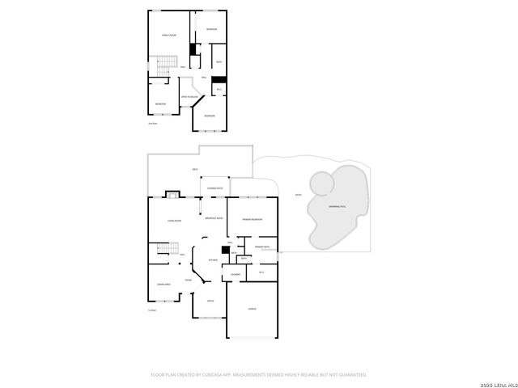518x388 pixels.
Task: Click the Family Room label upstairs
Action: (x=168, y=36)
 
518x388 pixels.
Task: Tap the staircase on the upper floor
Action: (x=166, y=63)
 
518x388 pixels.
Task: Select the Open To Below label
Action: (x=189, y=97)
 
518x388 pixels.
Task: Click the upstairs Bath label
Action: (x=219, y=62)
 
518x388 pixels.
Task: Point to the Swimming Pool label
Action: (x=338, y=208)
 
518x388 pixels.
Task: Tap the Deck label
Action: (x=195, y=169)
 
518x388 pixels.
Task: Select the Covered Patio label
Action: (x=216, y=188)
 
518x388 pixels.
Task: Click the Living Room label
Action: (x=173, y=220)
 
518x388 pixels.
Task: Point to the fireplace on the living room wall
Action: (x=172, y=194)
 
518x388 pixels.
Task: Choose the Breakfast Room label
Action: (x=214, y=218)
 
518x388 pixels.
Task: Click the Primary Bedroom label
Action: (x=251, y=219)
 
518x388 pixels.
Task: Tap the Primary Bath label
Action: (x=262, y=247)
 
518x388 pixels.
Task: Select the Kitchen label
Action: (x=213, y=260)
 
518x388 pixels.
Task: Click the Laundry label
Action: (x=236, y=275)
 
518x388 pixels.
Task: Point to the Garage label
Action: (x=252, y=308)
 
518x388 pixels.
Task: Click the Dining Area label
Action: (x=163, y=285)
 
